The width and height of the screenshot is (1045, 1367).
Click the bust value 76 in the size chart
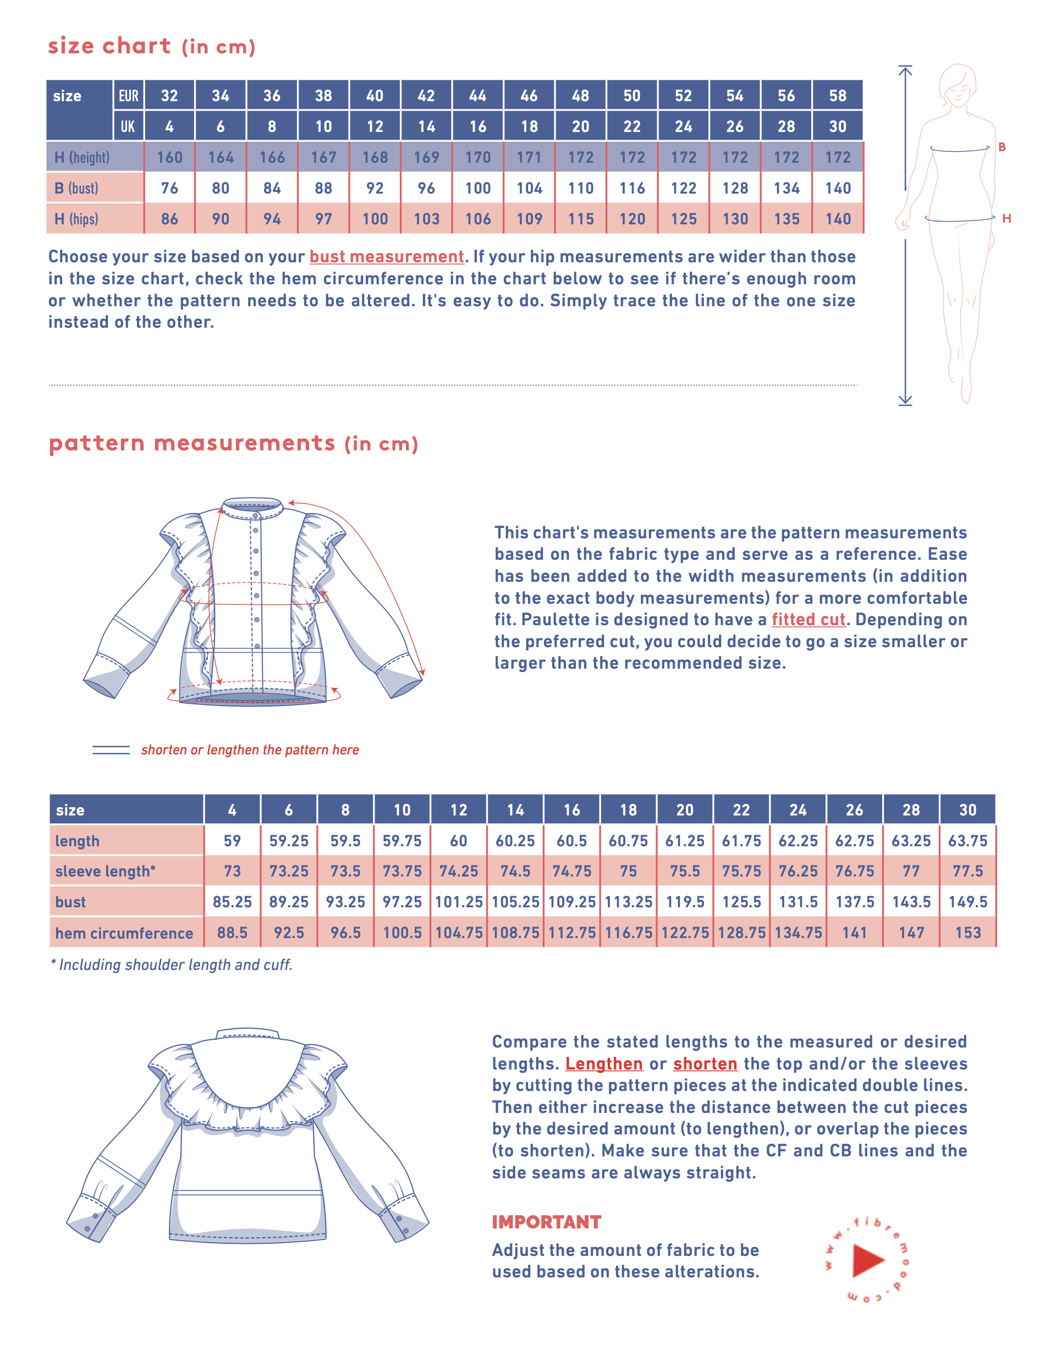point(169,188)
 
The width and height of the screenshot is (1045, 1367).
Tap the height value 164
point(221,157)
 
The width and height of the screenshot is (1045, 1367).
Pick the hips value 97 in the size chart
point(323,219)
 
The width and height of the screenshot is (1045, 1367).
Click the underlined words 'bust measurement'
point(386,257)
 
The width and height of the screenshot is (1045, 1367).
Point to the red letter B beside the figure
point(1002,147)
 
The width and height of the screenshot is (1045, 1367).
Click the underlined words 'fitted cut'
point(808,620)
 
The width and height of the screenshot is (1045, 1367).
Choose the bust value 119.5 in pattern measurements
point(685,902)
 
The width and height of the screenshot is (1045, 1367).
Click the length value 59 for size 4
point(232,841)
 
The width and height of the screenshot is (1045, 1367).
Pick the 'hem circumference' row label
point(124,933)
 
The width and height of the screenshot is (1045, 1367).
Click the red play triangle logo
point(867,1261)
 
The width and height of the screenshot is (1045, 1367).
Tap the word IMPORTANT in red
point(546,1222)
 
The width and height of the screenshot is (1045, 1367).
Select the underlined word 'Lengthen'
point(603,1063)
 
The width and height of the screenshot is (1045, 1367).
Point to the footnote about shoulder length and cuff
point(172,964)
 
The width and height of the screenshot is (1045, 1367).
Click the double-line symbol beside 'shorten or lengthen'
point(111,750)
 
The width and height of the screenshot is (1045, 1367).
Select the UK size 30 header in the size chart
point(837,126)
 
